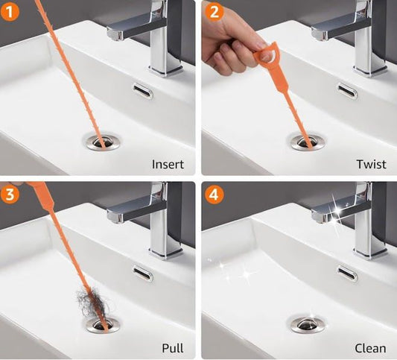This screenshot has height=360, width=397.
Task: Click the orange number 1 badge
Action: tap(10, 12)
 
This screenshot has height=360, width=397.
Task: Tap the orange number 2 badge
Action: tap(215, 12)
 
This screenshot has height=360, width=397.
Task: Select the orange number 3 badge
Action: tap(10, 195)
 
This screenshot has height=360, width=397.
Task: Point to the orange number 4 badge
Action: tap(215, 195)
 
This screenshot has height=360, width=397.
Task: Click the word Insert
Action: tap(168, 165)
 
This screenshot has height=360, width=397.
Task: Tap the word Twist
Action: tap(371, 164)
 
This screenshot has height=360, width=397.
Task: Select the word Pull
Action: tap(173, 348)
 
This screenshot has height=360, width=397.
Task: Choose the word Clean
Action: tap(370, 348)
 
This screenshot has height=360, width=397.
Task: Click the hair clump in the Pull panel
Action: tap(93, 303)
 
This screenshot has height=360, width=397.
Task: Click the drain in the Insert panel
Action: tap(102, 142)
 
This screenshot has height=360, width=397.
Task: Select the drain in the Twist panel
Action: tap(307, 142)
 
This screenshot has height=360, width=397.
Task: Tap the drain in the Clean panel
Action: tap(307, 324)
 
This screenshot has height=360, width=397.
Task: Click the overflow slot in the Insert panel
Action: tap(143, 91)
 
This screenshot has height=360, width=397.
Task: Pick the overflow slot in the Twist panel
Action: tap(348, 91)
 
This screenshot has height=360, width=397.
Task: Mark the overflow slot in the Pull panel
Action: tap(143, 274)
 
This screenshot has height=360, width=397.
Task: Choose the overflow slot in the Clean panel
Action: tap(347, 274)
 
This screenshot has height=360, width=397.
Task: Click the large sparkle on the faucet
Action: tap(337, 212)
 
